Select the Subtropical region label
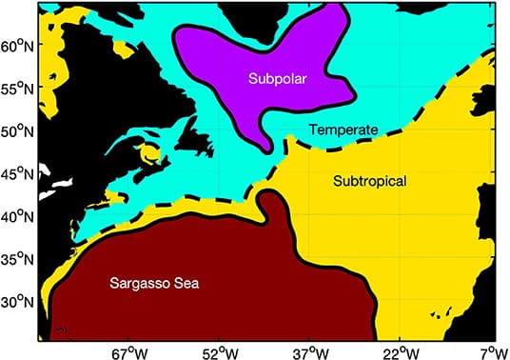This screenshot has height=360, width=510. [366, 180]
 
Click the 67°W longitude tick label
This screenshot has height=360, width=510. [130, 350]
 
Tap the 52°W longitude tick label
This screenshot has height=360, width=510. [220, 350]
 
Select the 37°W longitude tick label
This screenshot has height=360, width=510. [310, 350]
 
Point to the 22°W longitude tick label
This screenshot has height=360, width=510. [401, 350]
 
